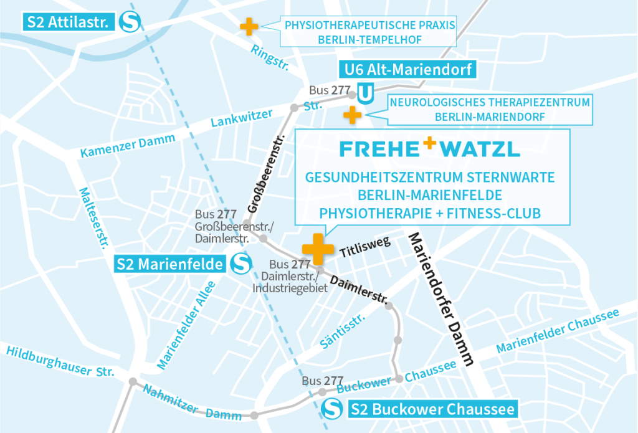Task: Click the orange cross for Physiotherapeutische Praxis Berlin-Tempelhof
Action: pos(249,27)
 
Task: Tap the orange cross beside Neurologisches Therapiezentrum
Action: pos(353,115)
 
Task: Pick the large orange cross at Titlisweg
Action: pos(318,247)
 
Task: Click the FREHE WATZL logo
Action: pos(430,150)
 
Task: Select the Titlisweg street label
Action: pos(365,248)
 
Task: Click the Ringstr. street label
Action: pos(270,58)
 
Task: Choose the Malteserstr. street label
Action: pos(91,217)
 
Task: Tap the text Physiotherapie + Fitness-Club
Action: pos(429,213)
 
